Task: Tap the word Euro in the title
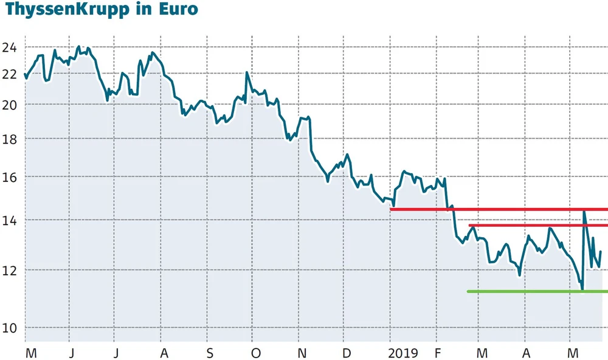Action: click(x=178, y=10)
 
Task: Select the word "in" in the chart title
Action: click(x=143, y=10)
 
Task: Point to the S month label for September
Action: click(x=209, y=353)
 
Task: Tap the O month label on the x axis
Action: click(x=255, y=353)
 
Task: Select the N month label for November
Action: click(x=301, y=353)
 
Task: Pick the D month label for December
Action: click(x=347, y=353)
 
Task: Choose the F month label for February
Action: click(x=437, y=353)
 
